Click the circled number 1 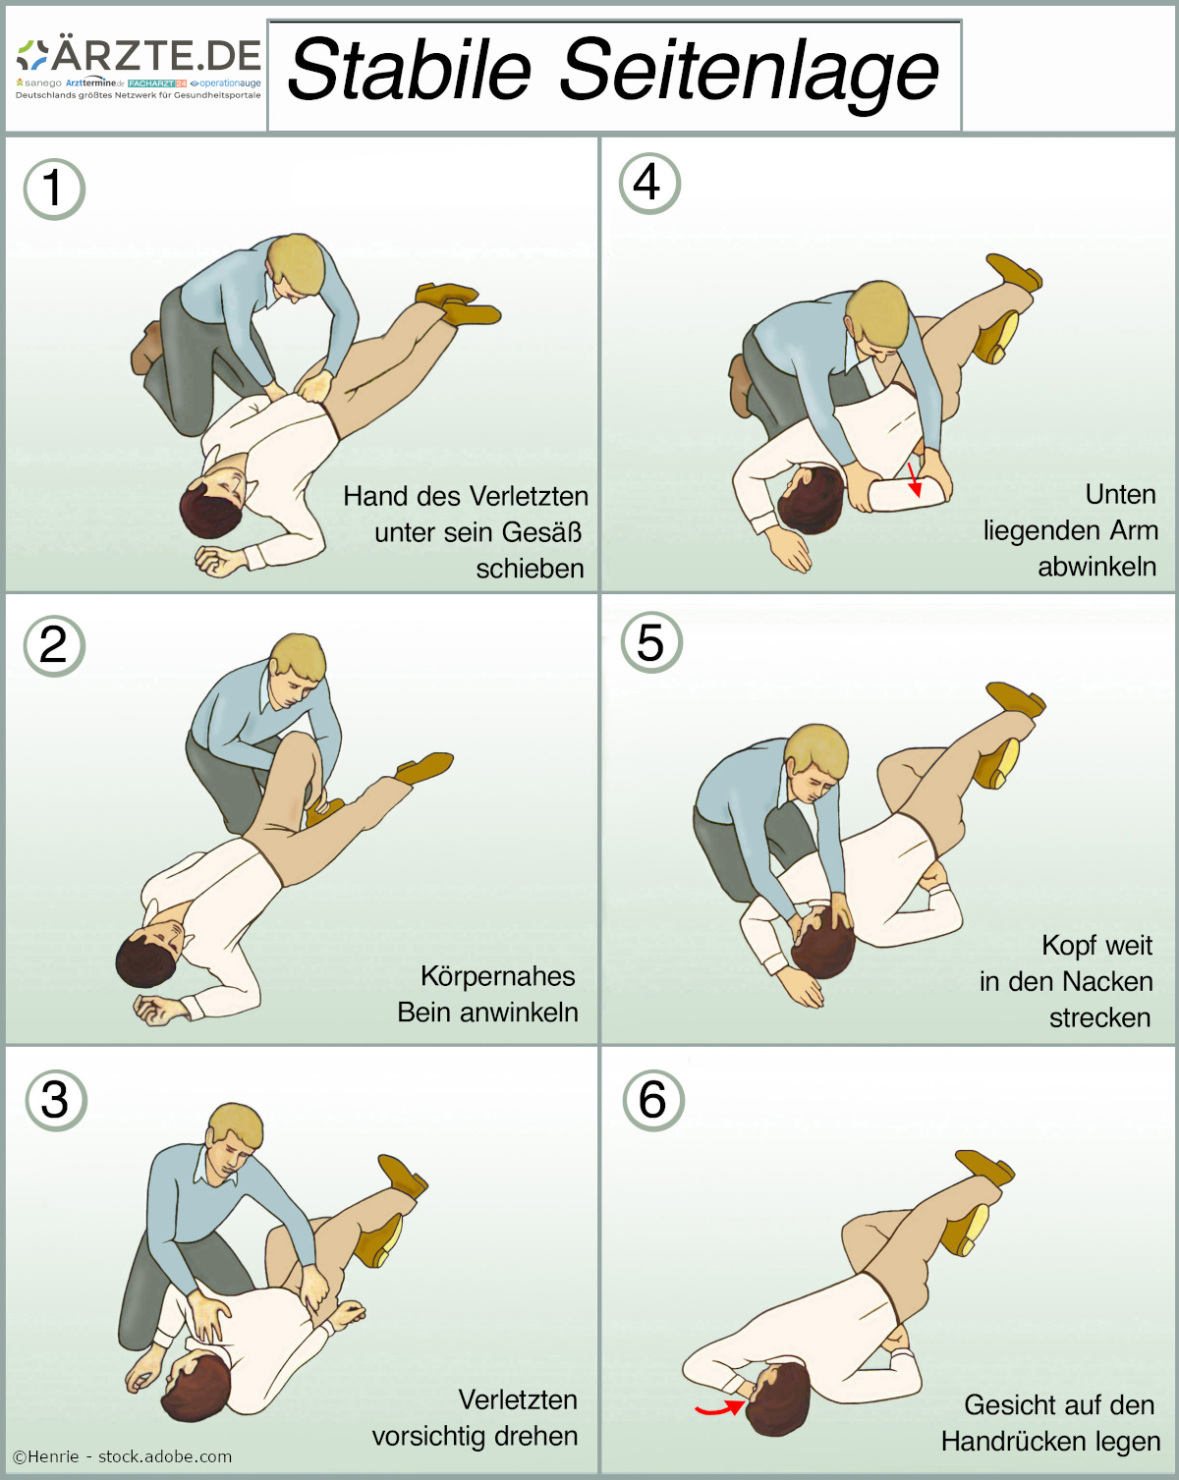pyautogui.click(x=54, y=190)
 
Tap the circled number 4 pyautogui.click(x=649, y=184)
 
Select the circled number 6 pyautogui.click(x=653, y=1100)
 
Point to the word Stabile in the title pyautogui.click(x=410, y=70)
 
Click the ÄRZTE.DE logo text pyautogui.click(x=155, y=54)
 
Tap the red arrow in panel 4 pyautogui.click(x=914, y=479)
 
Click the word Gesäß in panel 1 pyautogui.click(x=541, y=532)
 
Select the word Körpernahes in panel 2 pyautogui.click(x=497, y=976)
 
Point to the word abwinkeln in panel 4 pyautogui.click(x=1097, y=567)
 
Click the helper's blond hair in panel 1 pyautogui.click(x=297, y=262)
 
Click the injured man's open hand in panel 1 pyautogui.click(x=219, y=561)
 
